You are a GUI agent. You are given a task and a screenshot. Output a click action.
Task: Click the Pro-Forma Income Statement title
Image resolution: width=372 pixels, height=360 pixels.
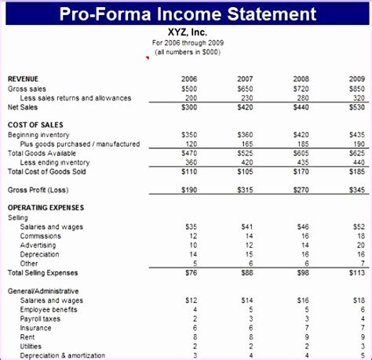pyautogui.click(x=186, y=13)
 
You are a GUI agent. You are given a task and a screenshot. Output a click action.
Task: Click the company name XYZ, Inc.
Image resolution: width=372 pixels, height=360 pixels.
pyautogui.click(x=187, y=33)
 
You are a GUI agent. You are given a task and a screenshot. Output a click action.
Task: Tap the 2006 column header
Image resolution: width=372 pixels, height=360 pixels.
pyautogui.click(x=189, y=79)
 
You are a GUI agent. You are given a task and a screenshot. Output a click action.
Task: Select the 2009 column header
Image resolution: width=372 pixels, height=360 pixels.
pyautogui.click(x=357, y=79)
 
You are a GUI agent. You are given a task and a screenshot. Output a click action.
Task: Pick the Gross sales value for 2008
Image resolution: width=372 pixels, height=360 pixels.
pyautogui.click(x=301, y=89)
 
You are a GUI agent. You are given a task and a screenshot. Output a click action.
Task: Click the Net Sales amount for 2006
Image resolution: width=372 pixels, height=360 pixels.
pyautogui.click(x=189, y=107)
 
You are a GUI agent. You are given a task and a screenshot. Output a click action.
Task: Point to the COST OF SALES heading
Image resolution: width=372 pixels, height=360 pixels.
pyautogui.click(x=35, y=125)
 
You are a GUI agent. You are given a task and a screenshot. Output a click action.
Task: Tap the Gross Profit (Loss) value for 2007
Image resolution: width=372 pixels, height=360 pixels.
pyautogui.click(x=245, y=190)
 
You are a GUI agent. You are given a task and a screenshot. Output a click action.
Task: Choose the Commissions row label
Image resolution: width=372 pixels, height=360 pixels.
pyautogui.click(x=41, y=235)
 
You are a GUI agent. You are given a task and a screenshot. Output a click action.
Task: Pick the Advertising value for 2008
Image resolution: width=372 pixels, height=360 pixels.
pyautogui.click(x=305, y=245)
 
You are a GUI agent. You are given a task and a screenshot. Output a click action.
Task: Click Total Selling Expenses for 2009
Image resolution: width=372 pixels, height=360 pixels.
pyautogui.click(x=356, y=273)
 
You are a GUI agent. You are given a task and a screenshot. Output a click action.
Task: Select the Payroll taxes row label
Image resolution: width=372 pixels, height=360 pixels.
pyautogui.click(x=42, y=318)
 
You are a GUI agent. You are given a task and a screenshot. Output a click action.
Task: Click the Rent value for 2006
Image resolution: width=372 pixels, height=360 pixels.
pyautogui.click(x=193, y=337)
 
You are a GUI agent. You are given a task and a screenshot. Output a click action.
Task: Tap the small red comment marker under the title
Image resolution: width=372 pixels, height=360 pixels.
pyautogui.click(x=147, y=57)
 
